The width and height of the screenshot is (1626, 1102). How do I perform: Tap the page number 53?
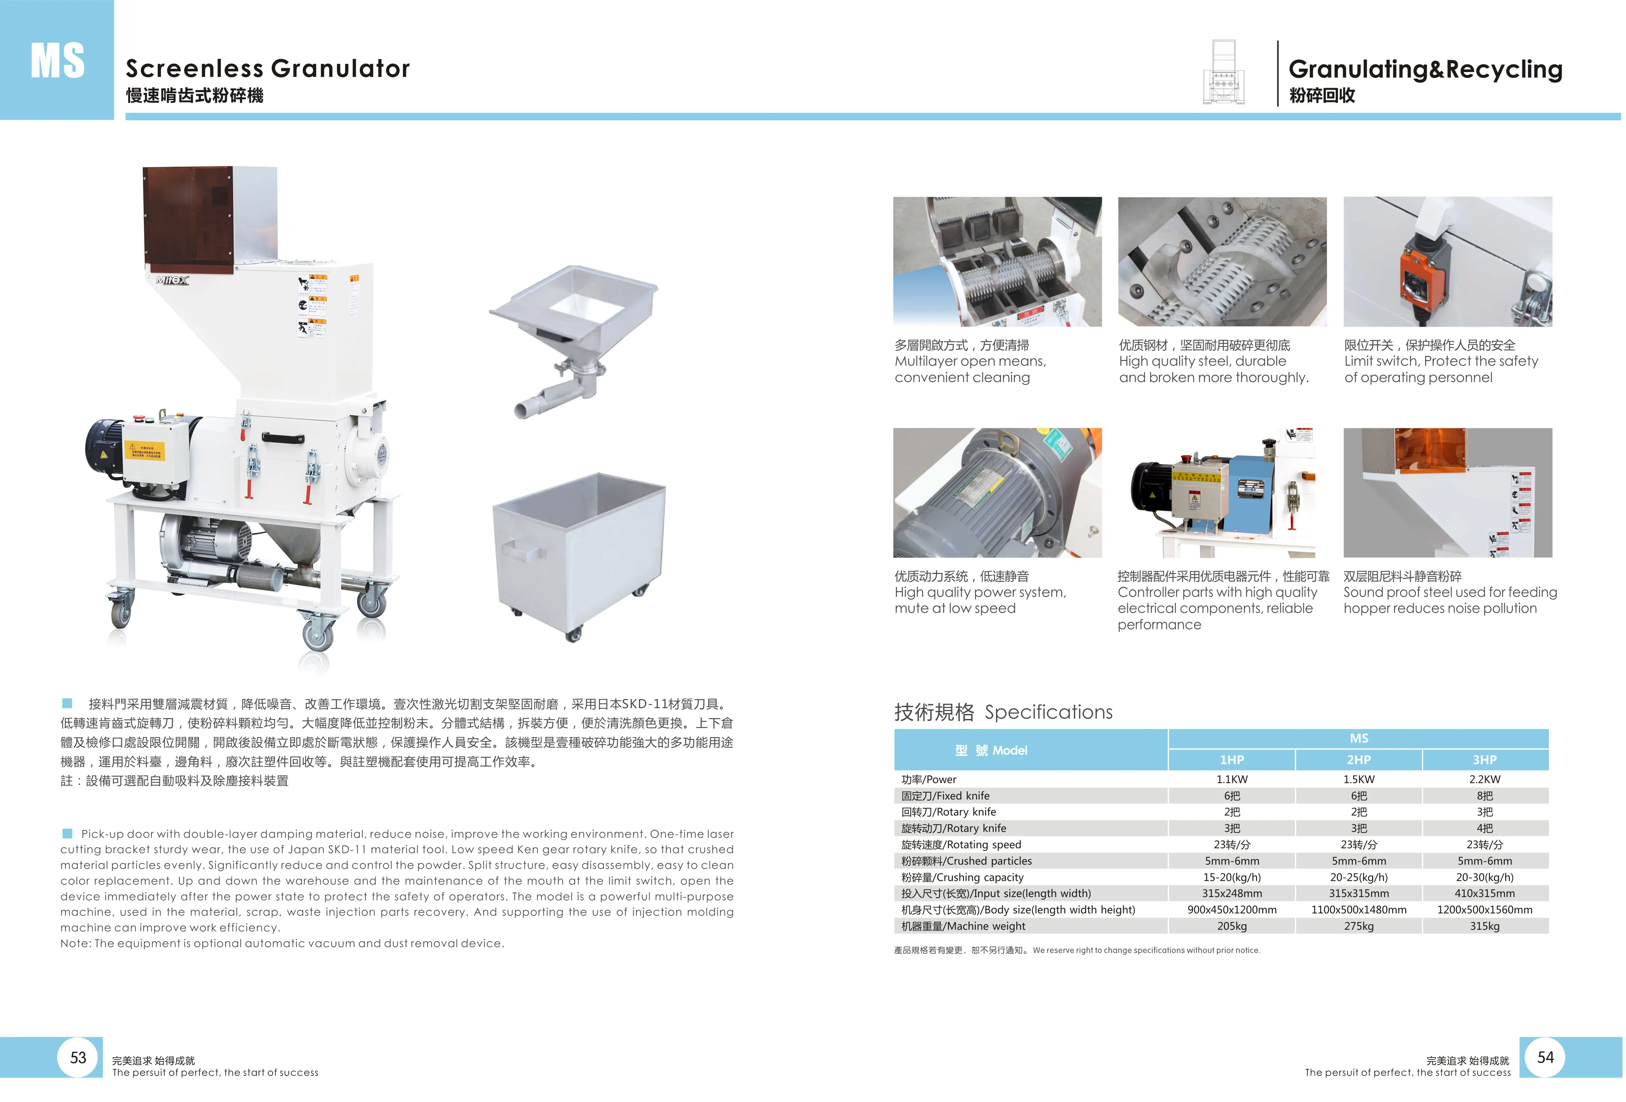click(x=79, y=1057)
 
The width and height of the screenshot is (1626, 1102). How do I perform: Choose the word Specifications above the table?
click(x=1048, y=712)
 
